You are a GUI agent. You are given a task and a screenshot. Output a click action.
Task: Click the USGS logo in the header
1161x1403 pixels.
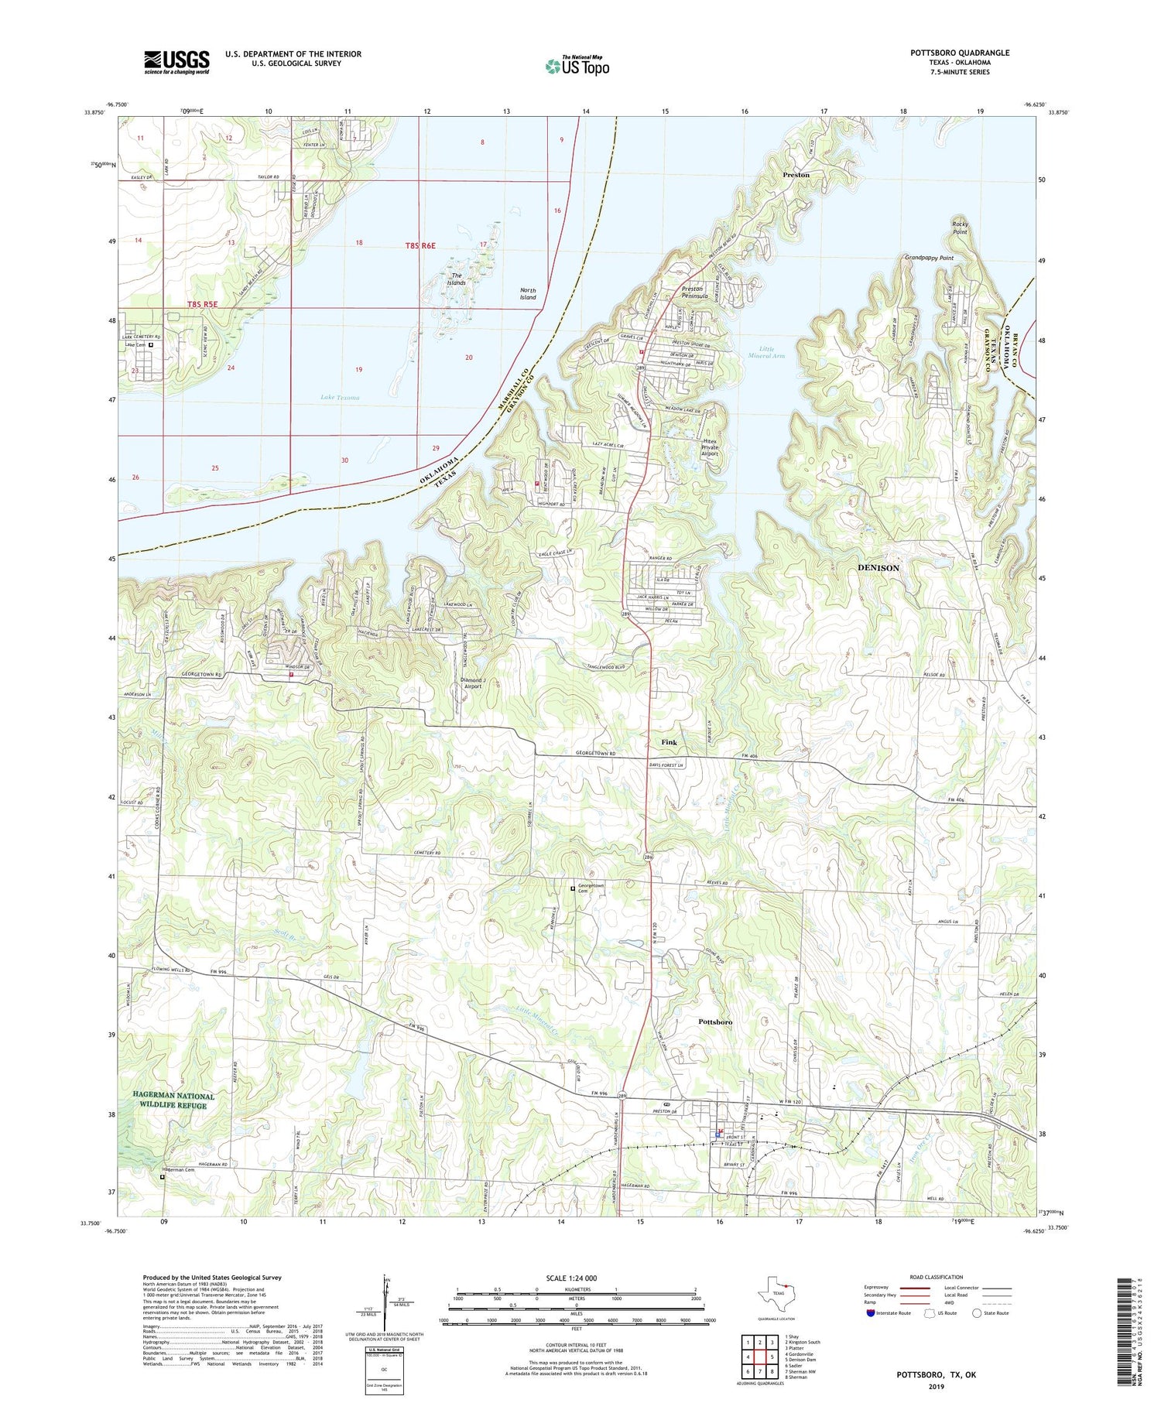pos(176,62)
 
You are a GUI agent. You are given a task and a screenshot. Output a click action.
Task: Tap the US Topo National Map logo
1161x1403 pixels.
pos(577,66)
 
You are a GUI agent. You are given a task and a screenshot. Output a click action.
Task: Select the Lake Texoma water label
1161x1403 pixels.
pos(340,398)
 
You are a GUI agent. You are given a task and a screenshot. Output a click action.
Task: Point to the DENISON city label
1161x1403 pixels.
pos(878,568)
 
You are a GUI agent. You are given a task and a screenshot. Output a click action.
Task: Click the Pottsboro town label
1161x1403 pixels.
pos(715,1021)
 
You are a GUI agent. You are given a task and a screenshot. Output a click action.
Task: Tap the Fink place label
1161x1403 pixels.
pos(669,742)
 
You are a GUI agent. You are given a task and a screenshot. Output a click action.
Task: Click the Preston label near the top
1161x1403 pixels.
pos(796,175)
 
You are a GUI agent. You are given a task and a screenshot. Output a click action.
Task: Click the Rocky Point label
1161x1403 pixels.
pos(960,228)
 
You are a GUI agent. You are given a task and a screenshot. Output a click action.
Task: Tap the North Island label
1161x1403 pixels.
pos(528,293)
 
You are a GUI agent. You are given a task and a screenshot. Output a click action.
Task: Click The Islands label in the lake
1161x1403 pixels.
pos(457,279)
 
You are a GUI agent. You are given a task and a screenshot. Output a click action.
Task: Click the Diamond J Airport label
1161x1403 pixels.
pos(472,683)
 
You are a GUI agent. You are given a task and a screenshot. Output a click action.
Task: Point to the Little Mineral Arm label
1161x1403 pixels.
pos(766,352)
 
